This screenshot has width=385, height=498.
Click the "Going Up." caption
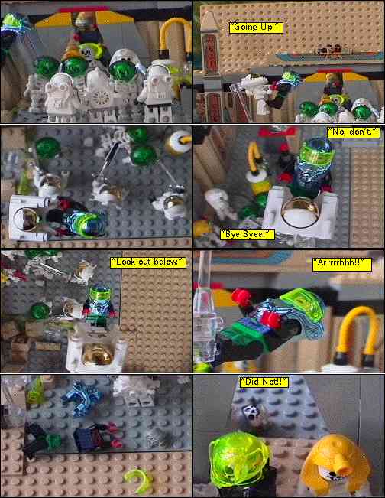click(x=256, y=28)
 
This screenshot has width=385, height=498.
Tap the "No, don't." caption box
click(x=353, y=132)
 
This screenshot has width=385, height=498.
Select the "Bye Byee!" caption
click(x=247, y=235)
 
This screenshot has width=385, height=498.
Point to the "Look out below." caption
click(x=148, y=262)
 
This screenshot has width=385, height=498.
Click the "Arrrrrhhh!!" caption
click(x=342, y=264)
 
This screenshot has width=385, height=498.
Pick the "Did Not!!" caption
click(x=264, y=382)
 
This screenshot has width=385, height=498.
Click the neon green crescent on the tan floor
click(x=137, y=480)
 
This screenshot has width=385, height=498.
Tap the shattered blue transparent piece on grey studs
click(x=82, y=399)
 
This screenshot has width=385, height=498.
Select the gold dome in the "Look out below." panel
click(x=97, y=353)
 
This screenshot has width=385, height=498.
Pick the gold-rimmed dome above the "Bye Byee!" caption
click(x=300, y=211)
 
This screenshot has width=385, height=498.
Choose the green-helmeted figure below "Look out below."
click(x=100, y=305)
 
